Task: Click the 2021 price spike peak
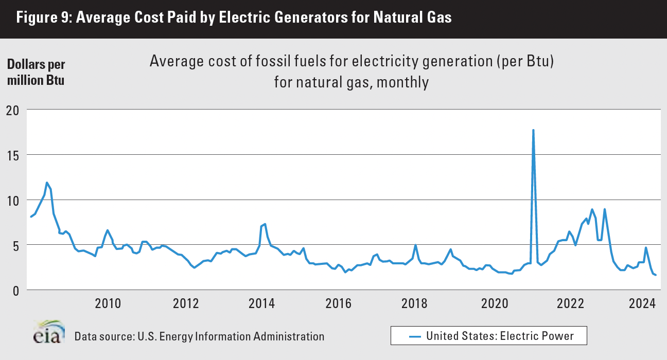(x=533, y=130)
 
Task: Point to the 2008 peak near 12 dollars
(x=47, y=183)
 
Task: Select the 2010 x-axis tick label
(x=108, y=302)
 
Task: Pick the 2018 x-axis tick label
(x=415, y=302)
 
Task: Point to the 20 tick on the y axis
(x=13, y=110)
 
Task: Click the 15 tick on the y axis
(x=13, y=155)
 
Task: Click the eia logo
(x=49, y=332)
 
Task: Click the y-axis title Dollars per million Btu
(x=36, y=73)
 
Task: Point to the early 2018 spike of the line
(x=415, y=245)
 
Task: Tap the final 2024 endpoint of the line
(x=655, y=275)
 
